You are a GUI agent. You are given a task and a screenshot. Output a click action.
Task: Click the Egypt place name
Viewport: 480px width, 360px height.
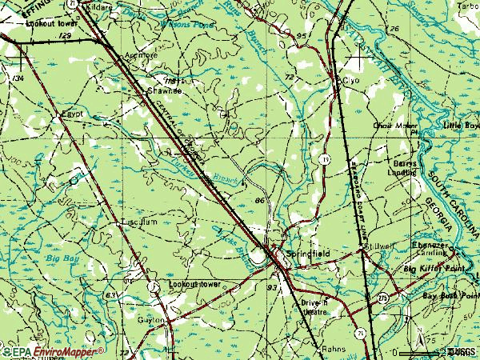pyautogui.click(x=73, y=115)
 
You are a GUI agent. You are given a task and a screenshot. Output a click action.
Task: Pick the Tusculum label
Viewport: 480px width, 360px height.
pyautogui.click(x=134, y=222)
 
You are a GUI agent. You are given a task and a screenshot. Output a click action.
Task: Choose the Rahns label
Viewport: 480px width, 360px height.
pyautogui.click(x=333, y=350)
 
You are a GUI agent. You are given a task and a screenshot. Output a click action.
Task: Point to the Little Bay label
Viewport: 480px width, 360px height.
pyautogui.click(x=461, y=126)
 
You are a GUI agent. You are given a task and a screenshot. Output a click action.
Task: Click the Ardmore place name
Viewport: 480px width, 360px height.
pyautogui.click(x=142, y=55)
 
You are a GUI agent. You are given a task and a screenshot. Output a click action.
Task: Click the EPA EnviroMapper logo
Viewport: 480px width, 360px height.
pyautogui.click(x=52, y=351)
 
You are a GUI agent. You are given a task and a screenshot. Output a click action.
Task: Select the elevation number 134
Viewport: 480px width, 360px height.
pyautogui.click(x=17, y=77)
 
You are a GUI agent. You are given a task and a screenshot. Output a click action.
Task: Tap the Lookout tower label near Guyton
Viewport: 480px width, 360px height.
pyautogui.click(x=194, y=284)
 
